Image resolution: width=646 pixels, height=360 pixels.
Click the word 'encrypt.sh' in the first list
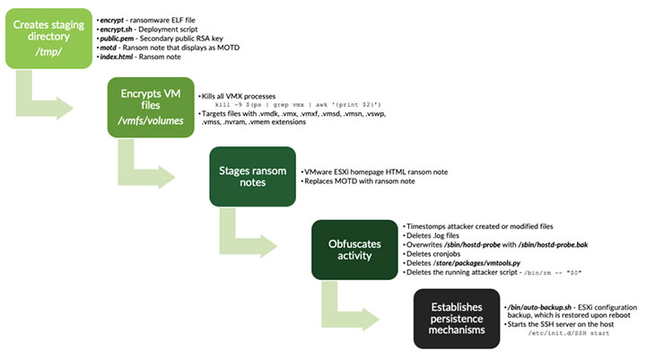tap(118, 29)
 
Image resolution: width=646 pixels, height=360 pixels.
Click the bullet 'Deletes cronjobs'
tap(439, 254)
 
